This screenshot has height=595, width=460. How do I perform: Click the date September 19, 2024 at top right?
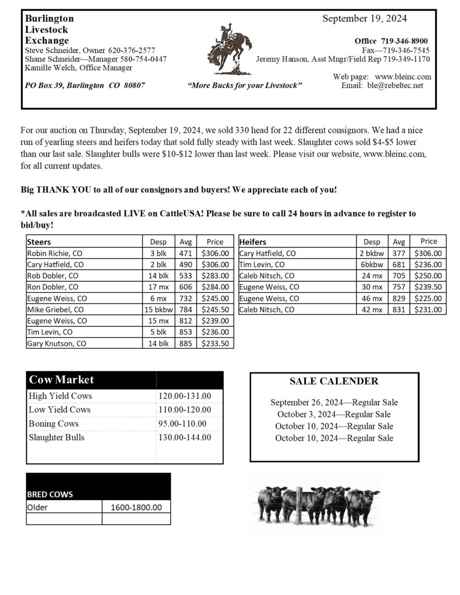click(x=365, y=19)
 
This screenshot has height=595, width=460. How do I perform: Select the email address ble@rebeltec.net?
click(x=396, y=85)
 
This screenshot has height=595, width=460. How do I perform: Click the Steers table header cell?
click(x=39, y=242)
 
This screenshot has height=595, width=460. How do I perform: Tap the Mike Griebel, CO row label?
click(x=56, y=310)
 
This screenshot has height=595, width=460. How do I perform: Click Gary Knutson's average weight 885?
click(x=186, y=343)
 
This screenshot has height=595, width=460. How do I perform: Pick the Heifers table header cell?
click(x=253, y=242)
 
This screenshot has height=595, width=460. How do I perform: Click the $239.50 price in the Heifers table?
click(x=428, y=287)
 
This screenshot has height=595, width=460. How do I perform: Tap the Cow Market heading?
click(x=61, y=380)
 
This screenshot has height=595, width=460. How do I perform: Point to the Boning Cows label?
click(x=54, y=424)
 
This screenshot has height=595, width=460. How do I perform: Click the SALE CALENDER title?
click(x=334, y=381)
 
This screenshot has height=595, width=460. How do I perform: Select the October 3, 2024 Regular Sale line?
click(x=334, y=414)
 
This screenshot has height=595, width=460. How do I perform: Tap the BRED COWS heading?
click(x=50, y=494)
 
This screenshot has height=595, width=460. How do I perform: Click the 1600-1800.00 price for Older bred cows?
click(x=136, y=507)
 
